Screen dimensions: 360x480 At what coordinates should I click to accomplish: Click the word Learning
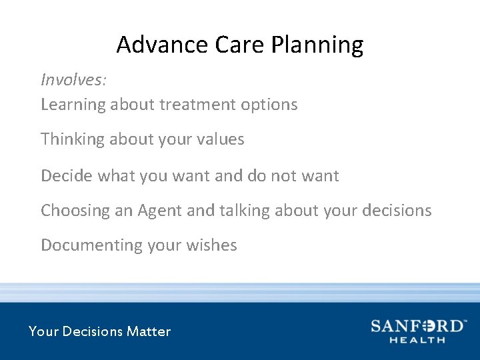pyautogui.click(x=73, y=105)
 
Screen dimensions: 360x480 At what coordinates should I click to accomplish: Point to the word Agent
pyautogui.click(x=160, y=211)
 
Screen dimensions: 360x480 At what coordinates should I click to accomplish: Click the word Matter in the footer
pyautogui.click(x=149, y=331)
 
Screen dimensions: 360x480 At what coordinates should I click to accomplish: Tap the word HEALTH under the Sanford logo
pyautogui.click(x=418, y=340)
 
